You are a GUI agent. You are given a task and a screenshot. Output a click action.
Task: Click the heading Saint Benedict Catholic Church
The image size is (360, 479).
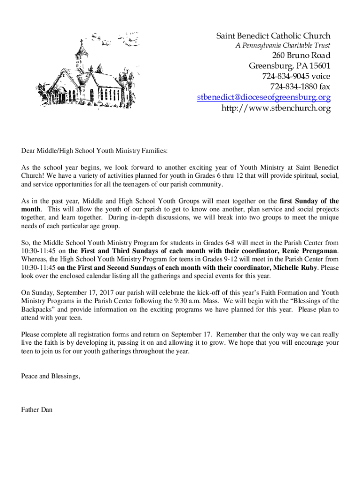[x=273, y=36]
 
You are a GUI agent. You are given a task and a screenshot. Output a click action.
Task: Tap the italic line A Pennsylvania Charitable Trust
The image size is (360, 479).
[x=282, y=46]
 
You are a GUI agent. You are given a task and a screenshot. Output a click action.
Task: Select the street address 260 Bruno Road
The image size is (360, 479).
[x=295, y=56]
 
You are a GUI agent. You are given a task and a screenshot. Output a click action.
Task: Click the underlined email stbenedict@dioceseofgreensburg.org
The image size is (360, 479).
[x=264, y=98]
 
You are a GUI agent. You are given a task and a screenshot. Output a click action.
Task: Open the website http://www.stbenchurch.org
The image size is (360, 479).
[x=276, y=109]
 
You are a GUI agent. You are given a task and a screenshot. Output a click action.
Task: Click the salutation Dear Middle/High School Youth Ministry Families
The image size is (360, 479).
[x=94, y=151]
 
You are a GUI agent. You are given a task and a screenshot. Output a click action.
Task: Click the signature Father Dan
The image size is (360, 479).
[x=37, y=410]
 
